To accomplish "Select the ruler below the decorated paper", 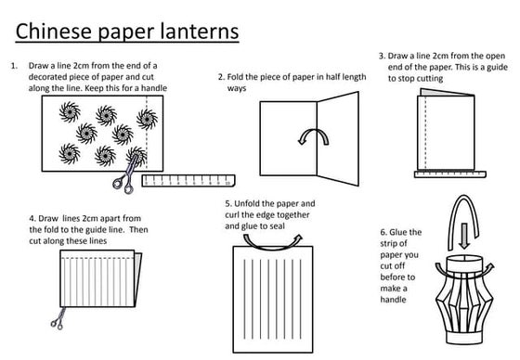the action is (188, 181).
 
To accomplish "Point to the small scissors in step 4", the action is (58, 319).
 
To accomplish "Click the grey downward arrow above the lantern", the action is (464, 236).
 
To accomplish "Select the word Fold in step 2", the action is (235, 77).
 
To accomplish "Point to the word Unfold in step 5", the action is (246, 203).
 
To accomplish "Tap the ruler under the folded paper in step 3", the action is (450, 174).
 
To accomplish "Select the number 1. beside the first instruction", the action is (14, 66).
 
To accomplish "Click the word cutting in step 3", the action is (429, 79).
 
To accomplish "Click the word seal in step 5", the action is (278, 226).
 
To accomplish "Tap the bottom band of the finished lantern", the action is (464, 338).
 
